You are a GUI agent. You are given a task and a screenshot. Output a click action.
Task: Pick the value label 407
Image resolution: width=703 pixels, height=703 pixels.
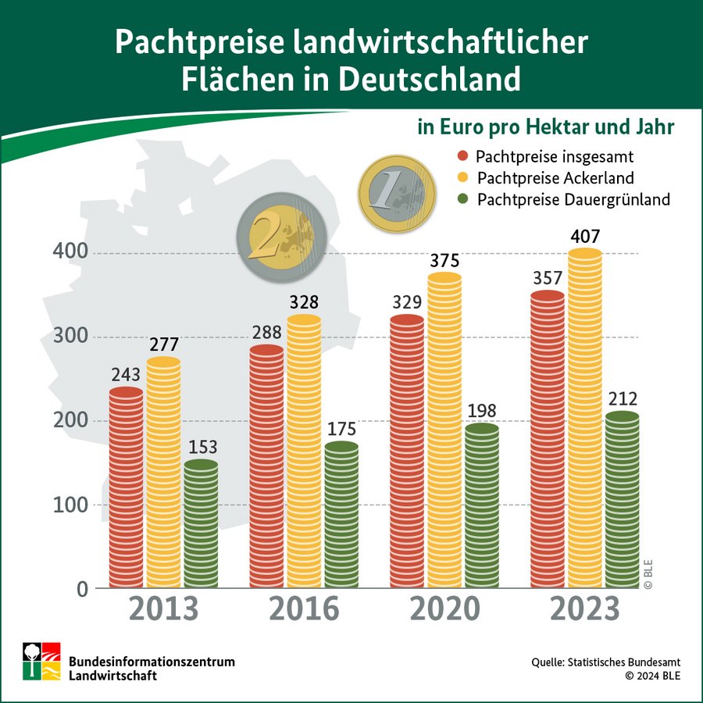pos(585,235)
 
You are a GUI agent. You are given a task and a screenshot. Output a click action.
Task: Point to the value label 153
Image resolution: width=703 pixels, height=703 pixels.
pos(202,448)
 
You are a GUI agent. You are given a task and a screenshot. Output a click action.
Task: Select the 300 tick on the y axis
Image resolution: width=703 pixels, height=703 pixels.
pos(73,337)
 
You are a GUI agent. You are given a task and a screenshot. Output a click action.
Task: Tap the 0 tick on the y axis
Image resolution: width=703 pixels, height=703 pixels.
pos(81,588)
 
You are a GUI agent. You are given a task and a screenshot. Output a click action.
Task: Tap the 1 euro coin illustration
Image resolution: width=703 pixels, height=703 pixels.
pos(397,188)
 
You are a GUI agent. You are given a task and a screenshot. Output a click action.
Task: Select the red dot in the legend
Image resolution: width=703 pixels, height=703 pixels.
pos(462,155)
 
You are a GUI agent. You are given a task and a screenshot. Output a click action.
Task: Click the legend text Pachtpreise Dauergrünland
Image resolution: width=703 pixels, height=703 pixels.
pos(573,199)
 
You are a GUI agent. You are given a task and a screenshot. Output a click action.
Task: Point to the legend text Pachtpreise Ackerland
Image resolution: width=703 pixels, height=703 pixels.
pos(555,177)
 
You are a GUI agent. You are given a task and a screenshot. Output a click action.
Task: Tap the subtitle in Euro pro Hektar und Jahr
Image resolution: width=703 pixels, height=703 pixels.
pos(545,127)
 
